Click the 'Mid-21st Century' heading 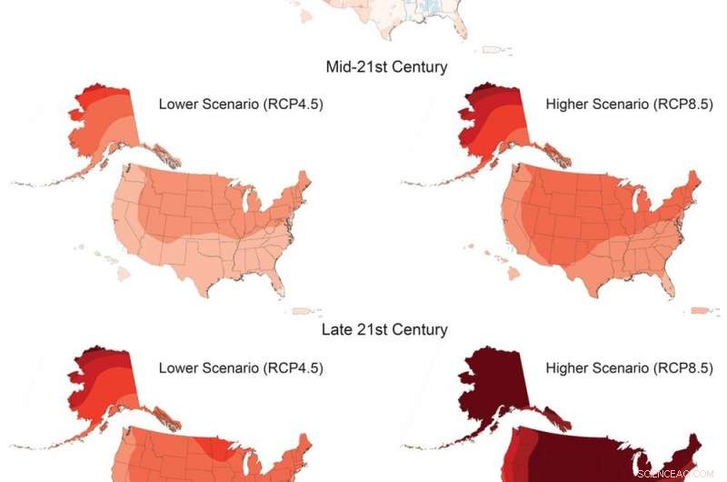[386, 67]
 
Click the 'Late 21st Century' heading [384, 329]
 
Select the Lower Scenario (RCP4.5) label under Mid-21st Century [241, 104]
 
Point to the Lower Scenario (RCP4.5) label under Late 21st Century [241, 368]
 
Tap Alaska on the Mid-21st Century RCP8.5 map [491, 127]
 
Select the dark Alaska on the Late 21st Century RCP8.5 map [491, 391]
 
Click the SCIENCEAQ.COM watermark [677, 473]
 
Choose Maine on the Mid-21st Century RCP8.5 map [693, 182]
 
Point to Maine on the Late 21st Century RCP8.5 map [693, 446]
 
